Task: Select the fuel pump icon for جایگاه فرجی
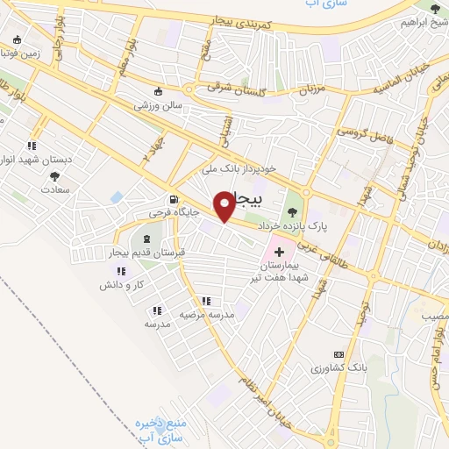(x=174, y=198)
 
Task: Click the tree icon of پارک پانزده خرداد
(x=292, y=211)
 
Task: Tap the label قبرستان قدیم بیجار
(x=144, y=253)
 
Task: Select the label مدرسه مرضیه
(x=207, y=314)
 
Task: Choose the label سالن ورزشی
(x=157, y=105)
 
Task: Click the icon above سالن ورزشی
(x=158, y=91)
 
